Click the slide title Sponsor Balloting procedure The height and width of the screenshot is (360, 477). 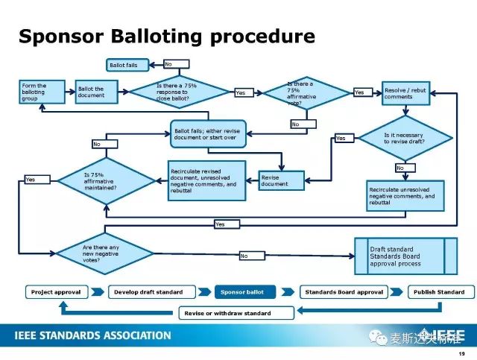(x=166, y=37)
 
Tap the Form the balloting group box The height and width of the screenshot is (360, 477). (x=42, y=93)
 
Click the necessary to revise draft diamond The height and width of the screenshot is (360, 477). (x=405, y=138)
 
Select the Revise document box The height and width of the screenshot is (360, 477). (x=281, y=180)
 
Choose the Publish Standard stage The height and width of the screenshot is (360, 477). (x=439, y=292)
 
